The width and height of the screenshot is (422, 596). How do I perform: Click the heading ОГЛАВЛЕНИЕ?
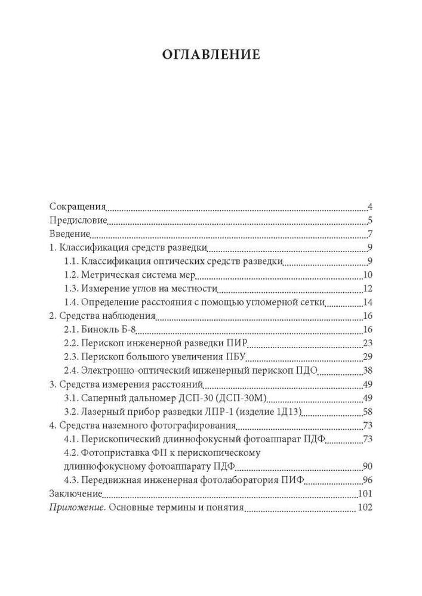211,55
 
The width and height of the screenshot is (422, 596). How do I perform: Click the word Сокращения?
78,207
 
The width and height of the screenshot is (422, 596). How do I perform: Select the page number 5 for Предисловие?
370,221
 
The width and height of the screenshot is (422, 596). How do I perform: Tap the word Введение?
69,234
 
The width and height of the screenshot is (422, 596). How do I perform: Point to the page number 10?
368,275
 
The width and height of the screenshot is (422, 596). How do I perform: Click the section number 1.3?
71,288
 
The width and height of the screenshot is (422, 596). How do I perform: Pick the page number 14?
368,302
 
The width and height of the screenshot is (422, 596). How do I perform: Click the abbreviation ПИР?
238,343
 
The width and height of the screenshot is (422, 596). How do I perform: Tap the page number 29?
368,357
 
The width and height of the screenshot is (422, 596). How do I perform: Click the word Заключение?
75,493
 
